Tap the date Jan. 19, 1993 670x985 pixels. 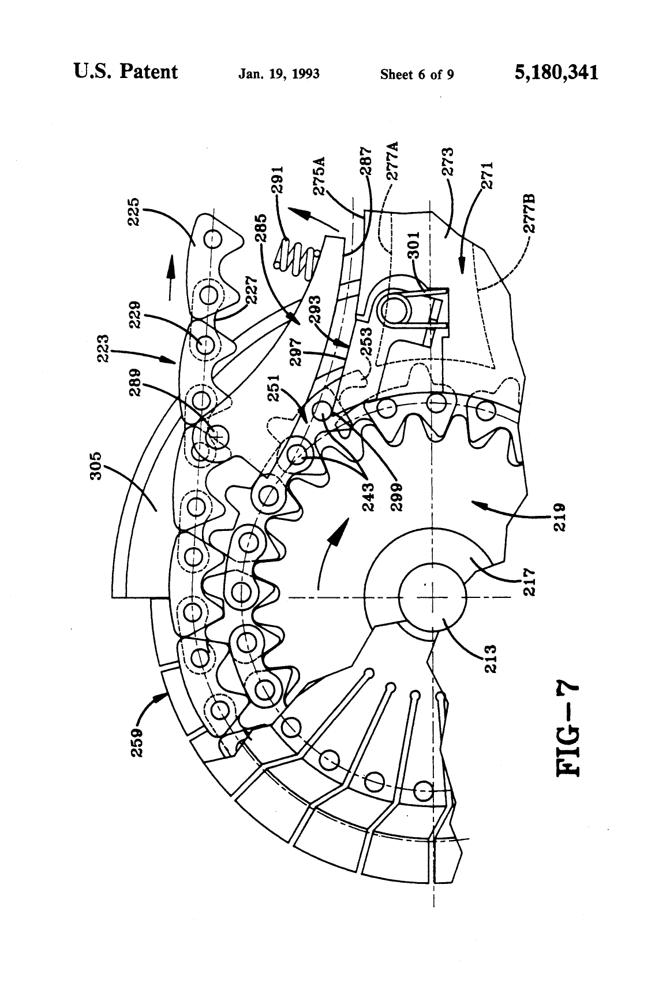click(x=279, y=75)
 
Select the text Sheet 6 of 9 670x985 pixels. click(x=417, y=75)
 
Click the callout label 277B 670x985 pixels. click(x=529, y=214)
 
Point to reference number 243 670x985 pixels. click(x=368, y=496)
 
